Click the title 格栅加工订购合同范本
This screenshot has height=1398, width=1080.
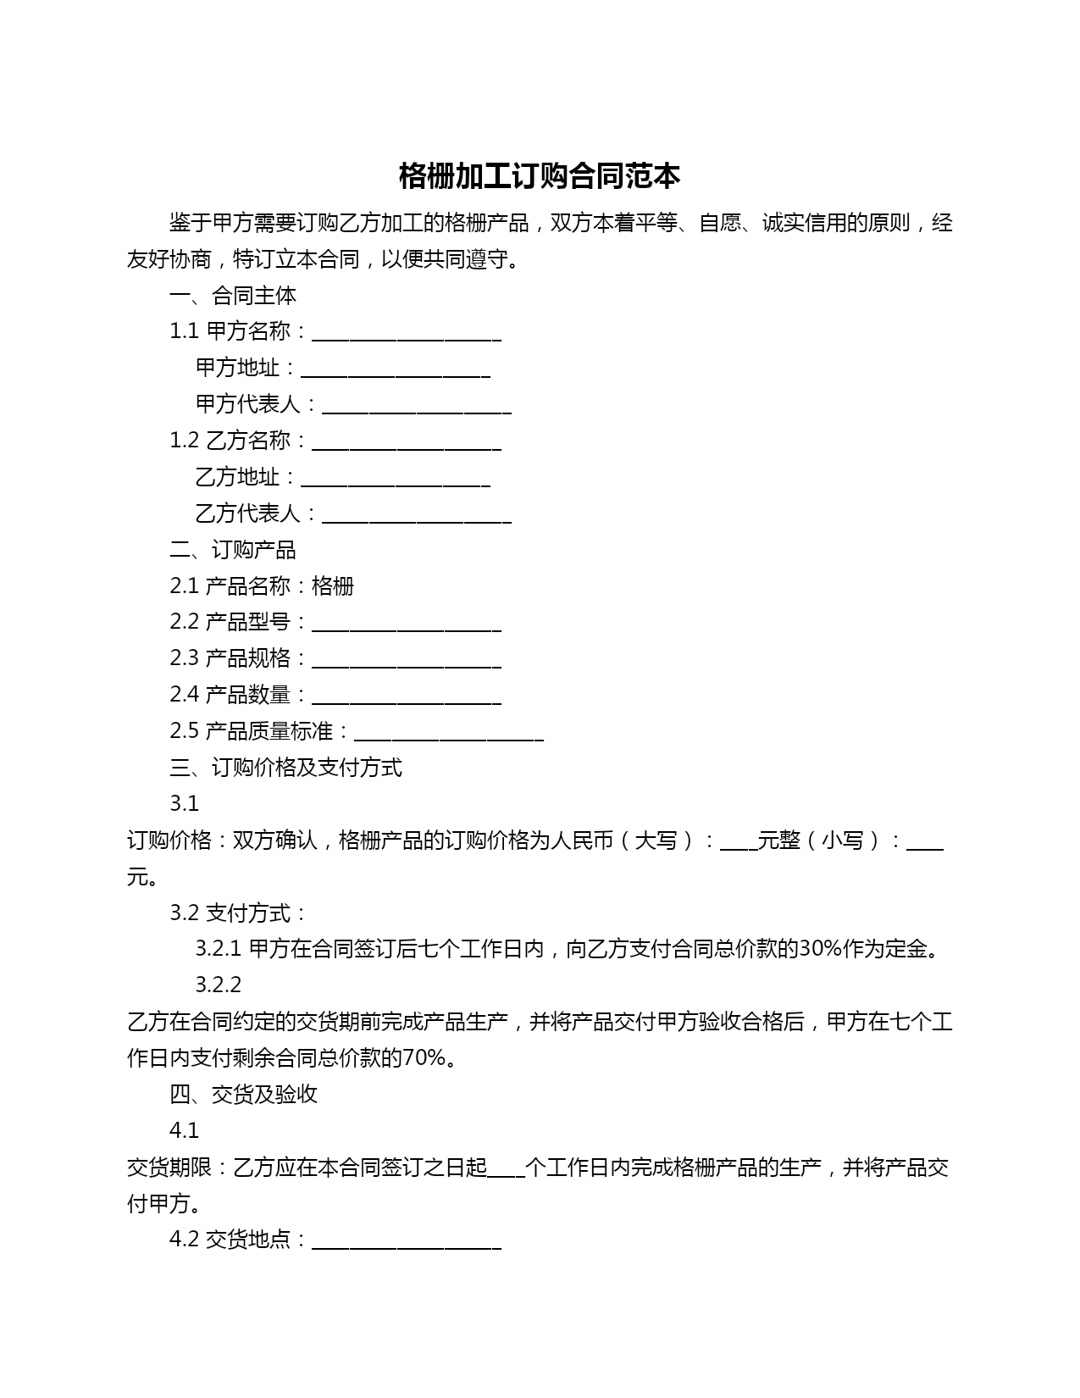[x=540, y=176]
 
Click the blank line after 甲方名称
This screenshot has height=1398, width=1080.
[x=407, y=333]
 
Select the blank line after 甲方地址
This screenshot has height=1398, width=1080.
[x=396, y=369]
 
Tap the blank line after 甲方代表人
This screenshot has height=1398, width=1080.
[x=417, y=406]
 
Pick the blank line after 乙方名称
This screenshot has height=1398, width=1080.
[x=407, y=442]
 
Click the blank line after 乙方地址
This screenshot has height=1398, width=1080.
[x=396, y=479]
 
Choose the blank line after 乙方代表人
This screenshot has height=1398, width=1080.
[x=417, y=515]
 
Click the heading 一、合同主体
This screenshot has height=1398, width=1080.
[x=233, y=296]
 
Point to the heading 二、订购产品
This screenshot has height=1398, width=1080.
[x=233, y=550]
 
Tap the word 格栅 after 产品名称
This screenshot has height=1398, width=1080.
[x=333, y=586]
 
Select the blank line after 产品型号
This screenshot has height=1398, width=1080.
[x=407, y=624]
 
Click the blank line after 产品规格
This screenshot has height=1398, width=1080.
[x=407, y=660]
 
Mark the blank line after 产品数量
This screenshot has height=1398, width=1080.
[x=407, y=696]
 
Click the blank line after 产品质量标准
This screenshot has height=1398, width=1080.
[x=449, y=733]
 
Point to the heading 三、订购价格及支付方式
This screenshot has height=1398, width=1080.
[x=285, y=768]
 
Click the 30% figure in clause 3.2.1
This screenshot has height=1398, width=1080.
[x=820, y=949]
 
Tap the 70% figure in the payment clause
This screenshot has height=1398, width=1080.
[x=424, y=1058]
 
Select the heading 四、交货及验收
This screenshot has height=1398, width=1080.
[x=243, y=1095]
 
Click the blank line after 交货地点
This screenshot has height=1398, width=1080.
[x=407, y=1241]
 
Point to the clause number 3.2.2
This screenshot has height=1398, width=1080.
[x=219, y=985]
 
